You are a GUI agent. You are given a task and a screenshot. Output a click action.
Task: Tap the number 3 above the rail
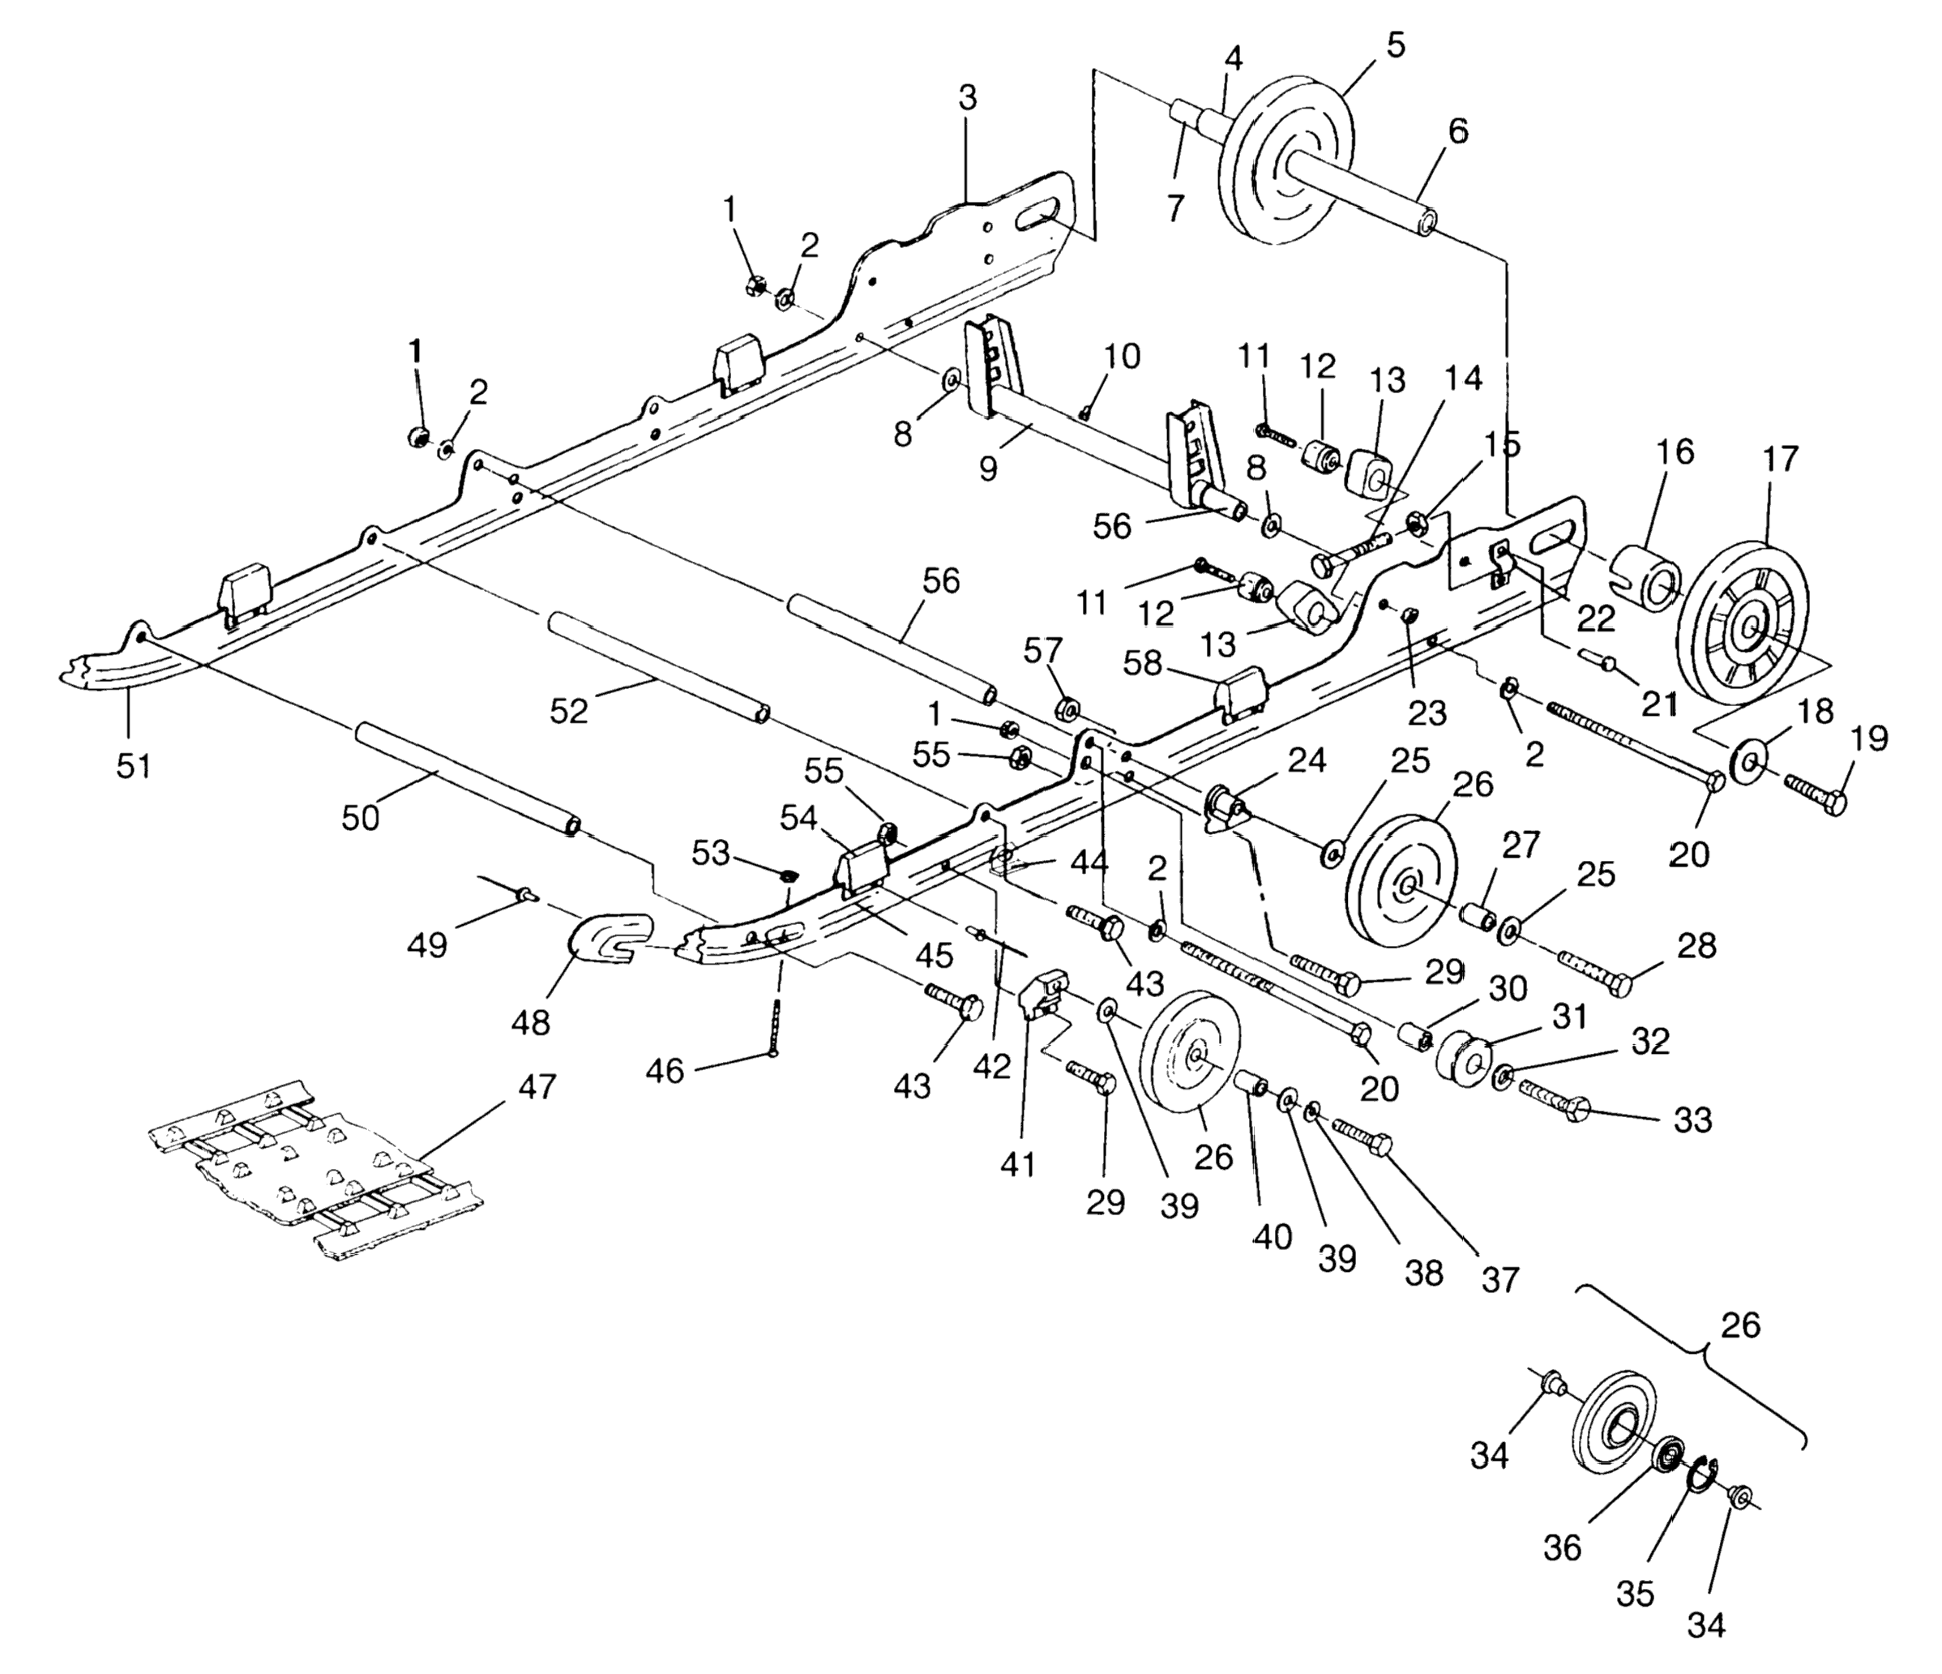click(967, 96)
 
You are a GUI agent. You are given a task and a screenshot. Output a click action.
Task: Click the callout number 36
click(1563, 1548)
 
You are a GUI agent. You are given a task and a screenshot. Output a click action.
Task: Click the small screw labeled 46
click(775, 1028)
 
